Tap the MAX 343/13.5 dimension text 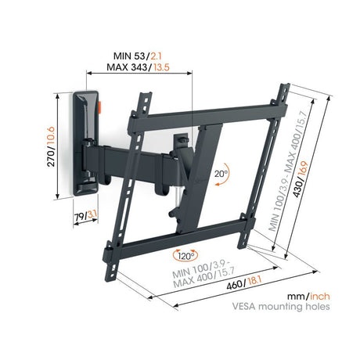click(x=138, y=67)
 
